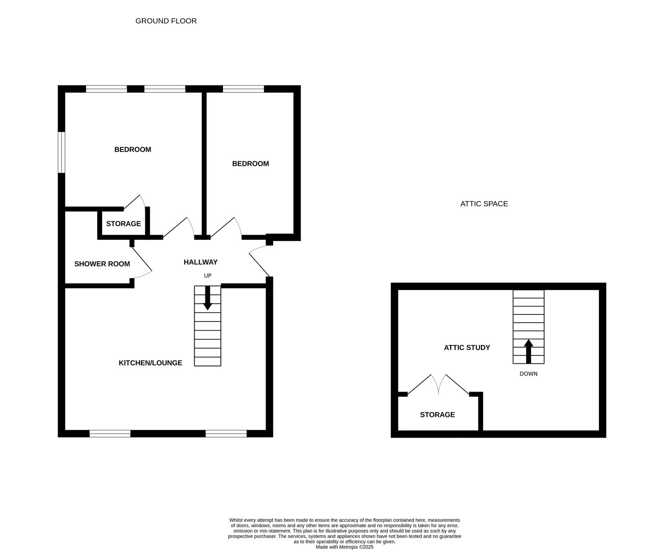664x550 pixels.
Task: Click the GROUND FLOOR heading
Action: click(166, 21)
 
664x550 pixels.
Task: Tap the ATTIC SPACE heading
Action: click(484, 204)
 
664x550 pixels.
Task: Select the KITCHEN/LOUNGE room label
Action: click(150, 363)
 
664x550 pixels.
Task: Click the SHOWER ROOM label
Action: click(102, 264)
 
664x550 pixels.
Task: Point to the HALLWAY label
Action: click(200, 262)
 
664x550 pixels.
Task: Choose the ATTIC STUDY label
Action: click(467, 348)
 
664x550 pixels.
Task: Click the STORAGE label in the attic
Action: click(437, 415)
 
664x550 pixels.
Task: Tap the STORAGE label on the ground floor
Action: click(123, 224)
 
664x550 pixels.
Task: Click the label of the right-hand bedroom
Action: click(250, 164)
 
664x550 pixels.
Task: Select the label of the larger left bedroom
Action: click(133, 150)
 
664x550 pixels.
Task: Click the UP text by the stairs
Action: click(207, 276)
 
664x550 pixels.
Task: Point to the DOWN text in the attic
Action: click(528, 374)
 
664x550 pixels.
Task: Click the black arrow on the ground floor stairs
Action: click(207, 298)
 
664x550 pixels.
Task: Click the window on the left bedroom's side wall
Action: click(61, 152)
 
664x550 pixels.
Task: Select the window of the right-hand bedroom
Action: click(243, 89)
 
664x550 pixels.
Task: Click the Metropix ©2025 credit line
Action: click(344, 547)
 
